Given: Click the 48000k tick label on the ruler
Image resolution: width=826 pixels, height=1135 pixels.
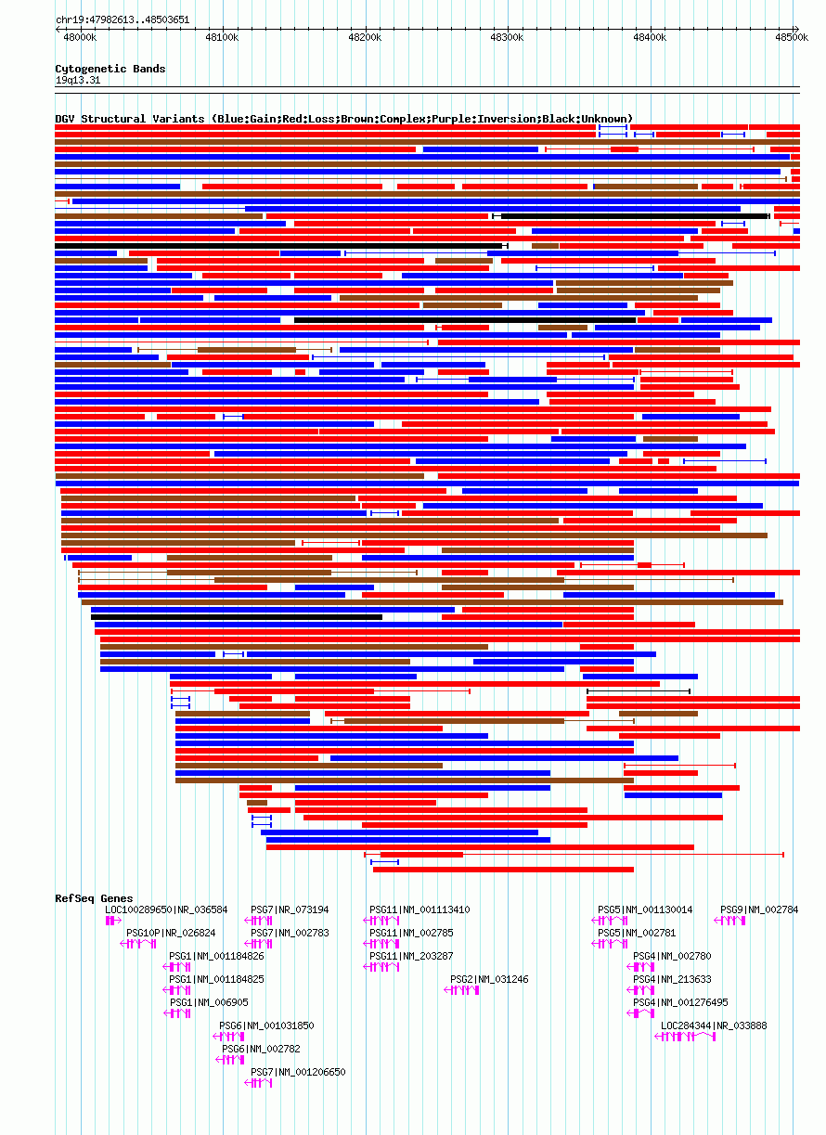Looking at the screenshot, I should click(79, 37).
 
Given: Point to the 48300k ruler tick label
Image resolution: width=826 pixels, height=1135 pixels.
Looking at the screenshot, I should click(507, 37).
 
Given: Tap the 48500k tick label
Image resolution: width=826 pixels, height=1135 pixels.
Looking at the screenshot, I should click(792, 37).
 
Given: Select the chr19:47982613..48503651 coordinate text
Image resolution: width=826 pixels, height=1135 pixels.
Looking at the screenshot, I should click(123, 19).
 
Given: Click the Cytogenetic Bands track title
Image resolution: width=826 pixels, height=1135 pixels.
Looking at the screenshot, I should click(110, 69).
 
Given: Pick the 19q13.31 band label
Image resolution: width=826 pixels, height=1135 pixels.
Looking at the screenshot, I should click(78, 80).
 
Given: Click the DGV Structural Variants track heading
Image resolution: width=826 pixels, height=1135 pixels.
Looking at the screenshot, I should click(343, 119).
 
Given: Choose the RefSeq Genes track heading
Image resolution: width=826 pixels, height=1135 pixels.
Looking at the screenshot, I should click(94, 898).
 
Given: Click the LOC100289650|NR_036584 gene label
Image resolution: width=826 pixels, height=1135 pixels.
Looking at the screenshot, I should click(166, 909).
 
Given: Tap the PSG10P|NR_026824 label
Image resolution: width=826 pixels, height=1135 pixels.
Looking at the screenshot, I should click(171, 933).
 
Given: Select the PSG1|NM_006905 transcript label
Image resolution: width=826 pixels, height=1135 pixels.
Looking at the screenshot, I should click(208, 1002).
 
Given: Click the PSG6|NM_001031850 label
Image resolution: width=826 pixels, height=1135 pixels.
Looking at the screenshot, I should click(266, 1025).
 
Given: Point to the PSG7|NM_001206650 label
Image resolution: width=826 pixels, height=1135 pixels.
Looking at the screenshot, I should click(298, 1072).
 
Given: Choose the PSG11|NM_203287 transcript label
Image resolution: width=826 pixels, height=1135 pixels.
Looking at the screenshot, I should click(411, 956).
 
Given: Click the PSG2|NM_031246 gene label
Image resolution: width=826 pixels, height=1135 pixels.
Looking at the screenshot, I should click(489, 979).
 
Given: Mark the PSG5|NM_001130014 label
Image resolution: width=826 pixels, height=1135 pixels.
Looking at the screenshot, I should click(645, 909).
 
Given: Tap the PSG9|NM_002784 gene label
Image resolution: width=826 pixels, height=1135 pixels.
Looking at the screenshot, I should click(759, 909).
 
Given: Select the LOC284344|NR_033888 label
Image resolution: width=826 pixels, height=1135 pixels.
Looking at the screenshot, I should click(714, 1025).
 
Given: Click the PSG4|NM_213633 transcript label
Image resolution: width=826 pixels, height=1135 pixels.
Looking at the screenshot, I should click(672, 979).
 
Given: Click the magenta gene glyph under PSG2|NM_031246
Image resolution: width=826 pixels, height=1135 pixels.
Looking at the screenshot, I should click(462, 990).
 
